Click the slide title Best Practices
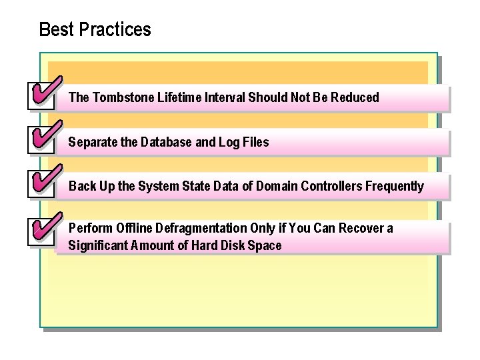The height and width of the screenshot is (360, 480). tap(95, 30)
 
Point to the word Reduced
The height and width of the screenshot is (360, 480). tap(353, 97)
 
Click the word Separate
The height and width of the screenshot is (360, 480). tap(91, 142)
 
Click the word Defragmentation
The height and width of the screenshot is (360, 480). tap(199, 229)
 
